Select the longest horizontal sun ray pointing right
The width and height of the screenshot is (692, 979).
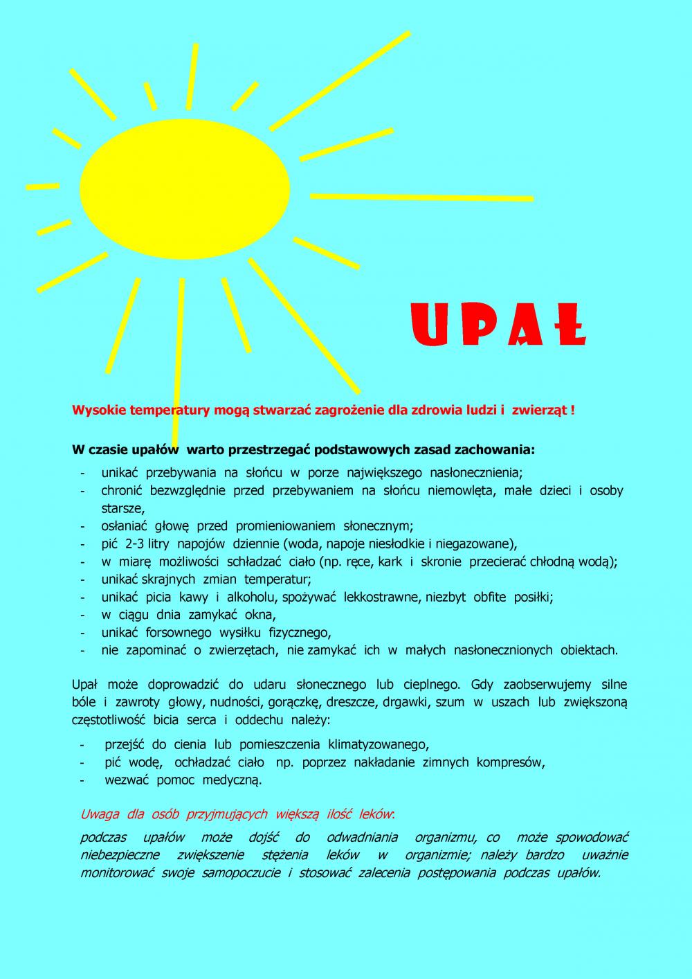click(x=421, y=196)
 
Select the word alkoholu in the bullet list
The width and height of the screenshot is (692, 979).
click(x=251, y=597)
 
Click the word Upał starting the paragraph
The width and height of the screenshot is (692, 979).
click(x=86, y=685)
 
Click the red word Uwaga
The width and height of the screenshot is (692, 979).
click(x=100, y=814)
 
